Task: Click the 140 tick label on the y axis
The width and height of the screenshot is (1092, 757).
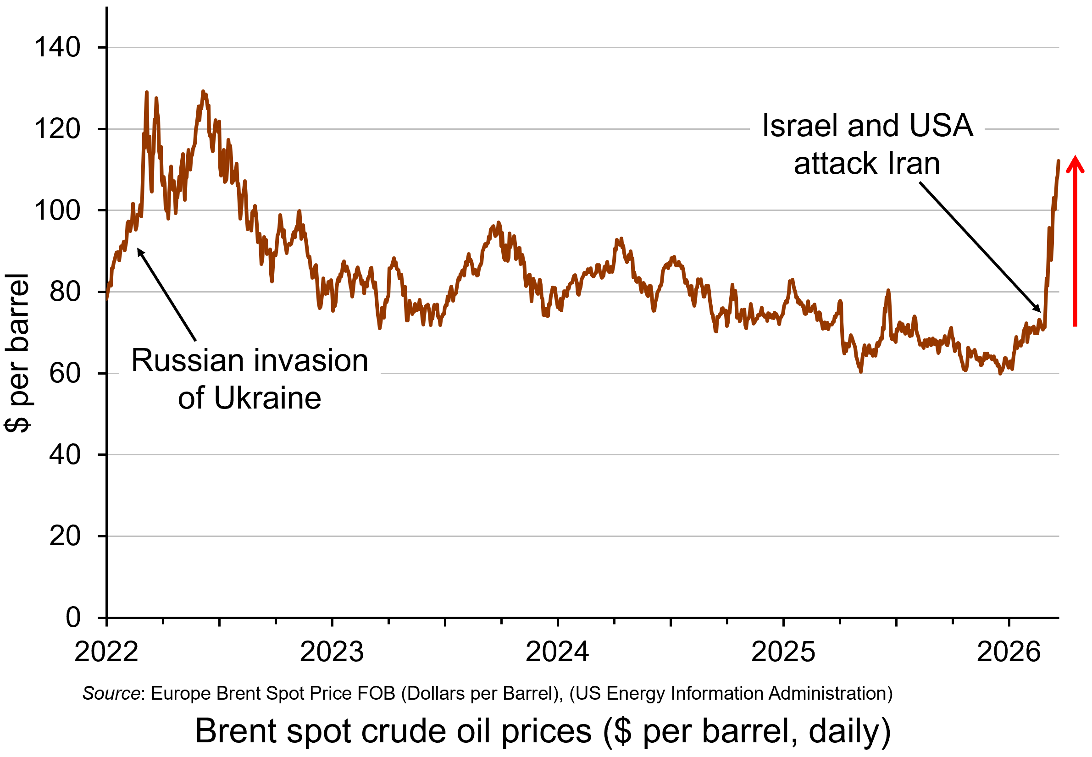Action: point(57,48)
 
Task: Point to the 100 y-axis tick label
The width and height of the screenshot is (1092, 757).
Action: point(57,210)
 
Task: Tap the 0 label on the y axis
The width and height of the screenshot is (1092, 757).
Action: point(73,618)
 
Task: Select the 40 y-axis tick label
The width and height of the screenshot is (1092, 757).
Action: point(65,455)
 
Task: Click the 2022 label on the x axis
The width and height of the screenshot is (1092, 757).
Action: point(106,652)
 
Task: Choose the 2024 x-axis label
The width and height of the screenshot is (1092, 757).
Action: point(557,652)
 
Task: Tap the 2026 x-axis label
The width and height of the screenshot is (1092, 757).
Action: point(1009,652)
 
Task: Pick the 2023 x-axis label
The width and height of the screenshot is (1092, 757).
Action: point(332,652)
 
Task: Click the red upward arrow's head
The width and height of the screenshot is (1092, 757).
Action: point(1075,163)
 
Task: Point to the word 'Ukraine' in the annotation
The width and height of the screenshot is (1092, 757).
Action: point(267,398)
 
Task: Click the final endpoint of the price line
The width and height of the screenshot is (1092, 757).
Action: point(1059,161)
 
